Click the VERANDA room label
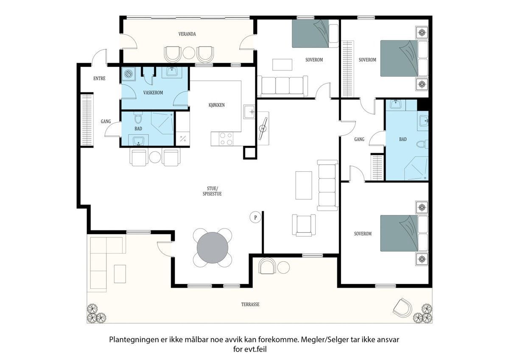[x=187, y=34]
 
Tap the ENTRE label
[x=99, y=78]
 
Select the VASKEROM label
[x=153, y=93]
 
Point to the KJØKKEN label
[x=217, y=105]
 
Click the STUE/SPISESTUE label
[x=212, y=191]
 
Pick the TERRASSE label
[x=250, y=304]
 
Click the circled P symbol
[x=255, y=218]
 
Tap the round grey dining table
[x=213, y=248]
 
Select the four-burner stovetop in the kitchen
[x=226, y=139]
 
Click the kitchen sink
[x=249, y=112]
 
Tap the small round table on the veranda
[x=189, y=53]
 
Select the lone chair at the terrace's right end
[x=402, y=307]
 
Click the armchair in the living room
[x=304, y=225]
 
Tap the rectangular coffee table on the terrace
[x=120, y=274]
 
